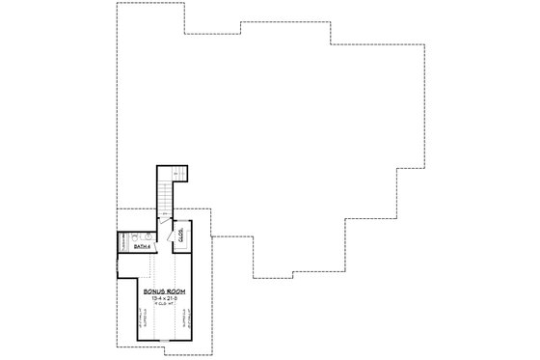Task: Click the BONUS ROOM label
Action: tap(164, 291)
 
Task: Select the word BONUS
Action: tap(155, 291)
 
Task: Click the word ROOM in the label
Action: tap(175, 291)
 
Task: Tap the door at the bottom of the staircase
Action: tap(164, 222)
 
